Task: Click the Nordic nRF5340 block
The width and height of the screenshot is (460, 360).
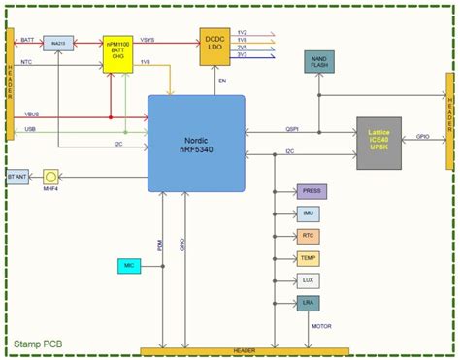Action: click(195, 143)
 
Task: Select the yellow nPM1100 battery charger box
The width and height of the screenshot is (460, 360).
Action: click(119, 55)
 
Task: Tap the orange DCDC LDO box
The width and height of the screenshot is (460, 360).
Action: click(215, 47)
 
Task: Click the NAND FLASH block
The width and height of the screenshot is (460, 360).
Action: click(318, 64)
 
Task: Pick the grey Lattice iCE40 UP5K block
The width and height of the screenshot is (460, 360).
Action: click(378, 143)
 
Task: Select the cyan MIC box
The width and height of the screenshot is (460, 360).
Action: click(128, 263)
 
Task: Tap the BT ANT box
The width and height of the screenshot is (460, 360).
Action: click(17, 178)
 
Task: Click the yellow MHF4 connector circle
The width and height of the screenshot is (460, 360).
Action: click(52, 178)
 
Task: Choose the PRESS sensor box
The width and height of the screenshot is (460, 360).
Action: click(310, 191)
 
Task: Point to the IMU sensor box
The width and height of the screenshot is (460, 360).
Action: click(308, 213)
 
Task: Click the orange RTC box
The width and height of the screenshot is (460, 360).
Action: click(308, 236)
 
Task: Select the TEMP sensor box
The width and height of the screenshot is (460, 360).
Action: click(309, 258)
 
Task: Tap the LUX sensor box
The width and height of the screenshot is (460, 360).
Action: click(308, 280)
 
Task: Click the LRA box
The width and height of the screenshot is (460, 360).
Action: click(308, 303)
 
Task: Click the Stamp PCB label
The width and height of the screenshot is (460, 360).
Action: click(41, 344)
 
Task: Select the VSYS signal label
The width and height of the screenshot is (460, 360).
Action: click(148, 40)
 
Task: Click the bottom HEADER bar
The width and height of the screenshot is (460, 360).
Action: click(245, 350)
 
